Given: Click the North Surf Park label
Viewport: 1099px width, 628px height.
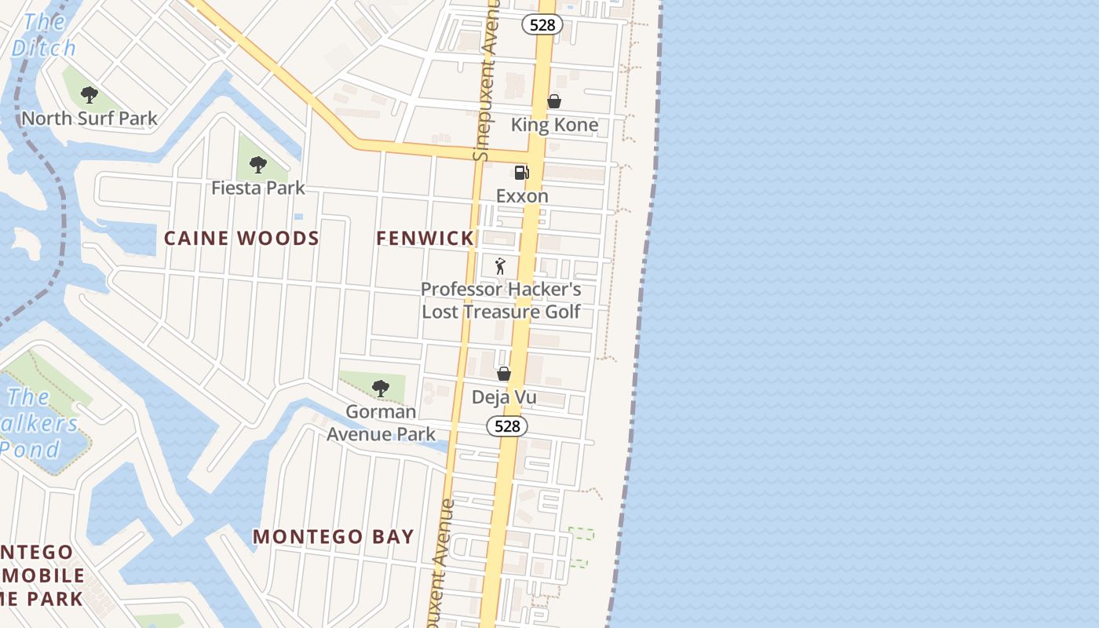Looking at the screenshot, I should click(x=89, y=119).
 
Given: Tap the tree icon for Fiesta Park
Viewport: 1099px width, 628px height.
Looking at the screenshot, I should click(x=257, y=165).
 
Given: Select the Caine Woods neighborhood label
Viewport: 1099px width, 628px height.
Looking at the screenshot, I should click(x=242, y=239).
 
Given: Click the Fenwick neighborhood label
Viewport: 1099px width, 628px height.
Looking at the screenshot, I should click(x=425, y=239).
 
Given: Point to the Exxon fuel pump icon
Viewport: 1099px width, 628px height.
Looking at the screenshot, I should click(x=521, y=173).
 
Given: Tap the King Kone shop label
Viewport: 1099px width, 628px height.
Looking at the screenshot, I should click(x=554, y=125).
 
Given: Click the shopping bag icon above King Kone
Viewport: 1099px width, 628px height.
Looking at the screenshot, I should click(x=553, y=101).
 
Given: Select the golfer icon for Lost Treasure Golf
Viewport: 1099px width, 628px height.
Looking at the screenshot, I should click(x=500, y=266).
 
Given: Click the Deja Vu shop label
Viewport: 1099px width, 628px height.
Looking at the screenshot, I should click(x=504, y=397).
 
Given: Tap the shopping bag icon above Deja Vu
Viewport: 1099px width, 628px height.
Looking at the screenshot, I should click(x=504, y=374).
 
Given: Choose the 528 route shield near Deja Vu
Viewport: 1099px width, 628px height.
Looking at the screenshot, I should click(x=507, y=426).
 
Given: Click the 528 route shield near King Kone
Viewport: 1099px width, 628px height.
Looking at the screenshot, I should click(x=542, y=25).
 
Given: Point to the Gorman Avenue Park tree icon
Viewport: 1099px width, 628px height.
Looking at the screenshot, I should click(x=381, y=388).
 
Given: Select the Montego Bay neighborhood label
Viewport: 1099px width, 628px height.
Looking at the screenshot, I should click(x=333, y=537).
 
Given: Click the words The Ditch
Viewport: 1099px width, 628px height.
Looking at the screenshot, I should click(x=44, y=35).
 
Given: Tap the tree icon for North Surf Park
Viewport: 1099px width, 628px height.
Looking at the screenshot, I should click(x=89, y=95).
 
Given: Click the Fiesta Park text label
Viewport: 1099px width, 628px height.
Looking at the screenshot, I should click(x=257, y=188).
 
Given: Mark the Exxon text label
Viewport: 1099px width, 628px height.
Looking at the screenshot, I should click(x=522, y=196).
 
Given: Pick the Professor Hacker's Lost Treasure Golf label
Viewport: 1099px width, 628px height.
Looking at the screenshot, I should click(x=501, y=301).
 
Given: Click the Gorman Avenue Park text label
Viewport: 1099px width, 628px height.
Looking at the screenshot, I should click(x=381, y=423).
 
